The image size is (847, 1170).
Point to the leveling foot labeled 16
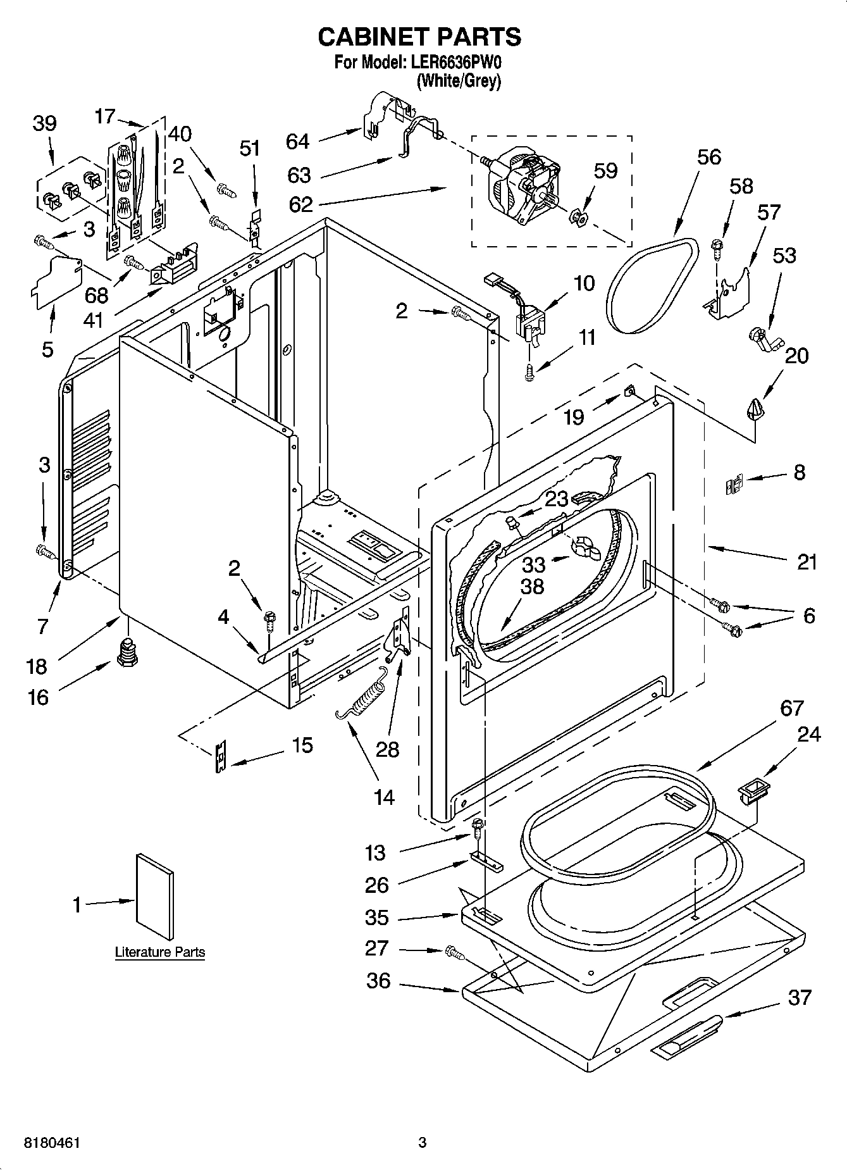pyautogui.click(x=127, y=651)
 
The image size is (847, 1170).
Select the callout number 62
pyautogui.click(x=300, y=204)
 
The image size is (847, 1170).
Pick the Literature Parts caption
pyautogui.click(x=159, y=952)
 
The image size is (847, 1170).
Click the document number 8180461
pyautogui.click(x=53, y=1143)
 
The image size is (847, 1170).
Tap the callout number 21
pyautogui.click(x=807, y=561)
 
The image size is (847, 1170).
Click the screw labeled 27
pyautogui.click(x=453, y=951)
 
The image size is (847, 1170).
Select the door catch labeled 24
pyautogui.click(x=753, y=791)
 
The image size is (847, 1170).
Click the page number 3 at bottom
pyautogui.click(x=423, y=1143)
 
